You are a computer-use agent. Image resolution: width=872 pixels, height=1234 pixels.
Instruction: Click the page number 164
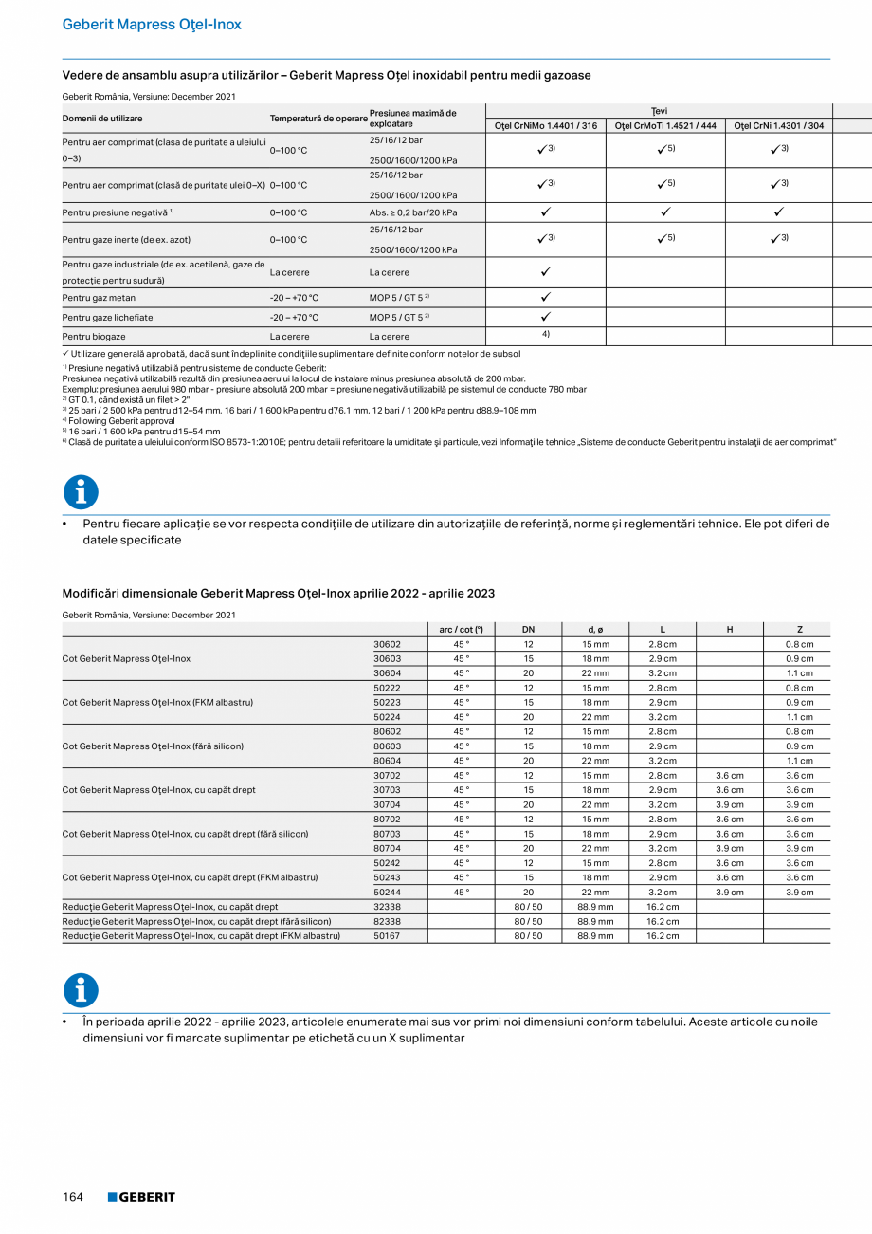pyautogui.click(x=73, y=1197)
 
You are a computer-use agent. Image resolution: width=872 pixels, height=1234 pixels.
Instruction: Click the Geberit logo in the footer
pyautogui.click(x=141, y=1197)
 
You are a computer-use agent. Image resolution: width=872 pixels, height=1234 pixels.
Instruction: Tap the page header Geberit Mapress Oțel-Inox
pyautogui.click(x=152, y=25)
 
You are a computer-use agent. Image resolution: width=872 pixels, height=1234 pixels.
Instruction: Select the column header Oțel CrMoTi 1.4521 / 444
pyautogui.click(x=665, y=126)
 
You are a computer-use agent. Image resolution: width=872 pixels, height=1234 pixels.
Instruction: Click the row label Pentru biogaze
pyautogui.click(x=94, y=337)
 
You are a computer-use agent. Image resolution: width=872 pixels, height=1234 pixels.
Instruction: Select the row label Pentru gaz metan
pyautogui.click(x=99, y=298)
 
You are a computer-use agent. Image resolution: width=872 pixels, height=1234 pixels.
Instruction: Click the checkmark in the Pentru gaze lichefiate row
pyautogui.click(x=546, y=317)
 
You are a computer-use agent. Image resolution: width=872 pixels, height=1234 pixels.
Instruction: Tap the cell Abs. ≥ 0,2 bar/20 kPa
pyautogui.click(x=413, y=212)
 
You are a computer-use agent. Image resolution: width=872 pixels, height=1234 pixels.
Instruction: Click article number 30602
pyautogui.click(x=387, y=645)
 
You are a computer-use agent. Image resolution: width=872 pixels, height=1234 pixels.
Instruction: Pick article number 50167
pyautogui.click(x=387, y=936)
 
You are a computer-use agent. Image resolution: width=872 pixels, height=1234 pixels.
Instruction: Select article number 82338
pyautogui.click(x=387, y=922)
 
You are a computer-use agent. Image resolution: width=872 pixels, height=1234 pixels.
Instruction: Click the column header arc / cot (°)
pyautogui.click(x=461, y=629)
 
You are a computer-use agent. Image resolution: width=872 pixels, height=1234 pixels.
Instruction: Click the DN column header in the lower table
pyautogui.click(x=528, y=629)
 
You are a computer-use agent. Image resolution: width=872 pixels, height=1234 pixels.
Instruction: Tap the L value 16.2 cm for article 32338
pyautogui.click(x=663, y=907)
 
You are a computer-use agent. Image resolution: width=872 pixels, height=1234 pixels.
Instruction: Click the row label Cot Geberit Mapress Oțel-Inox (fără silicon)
pyautogui.click(x=153, y=746)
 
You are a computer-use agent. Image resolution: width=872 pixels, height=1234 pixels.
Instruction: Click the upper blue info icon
pyautogui.click(x=81, y=492)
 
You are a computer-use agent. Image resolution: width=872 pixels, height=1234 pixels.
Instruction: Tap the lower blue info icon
pyautogui.click(x=81, y=990)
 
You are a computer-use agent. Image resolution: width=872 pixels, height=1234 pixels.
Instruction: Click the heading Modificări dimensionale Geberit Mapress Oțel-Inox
pyautogui.click(x=278, y=594)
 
